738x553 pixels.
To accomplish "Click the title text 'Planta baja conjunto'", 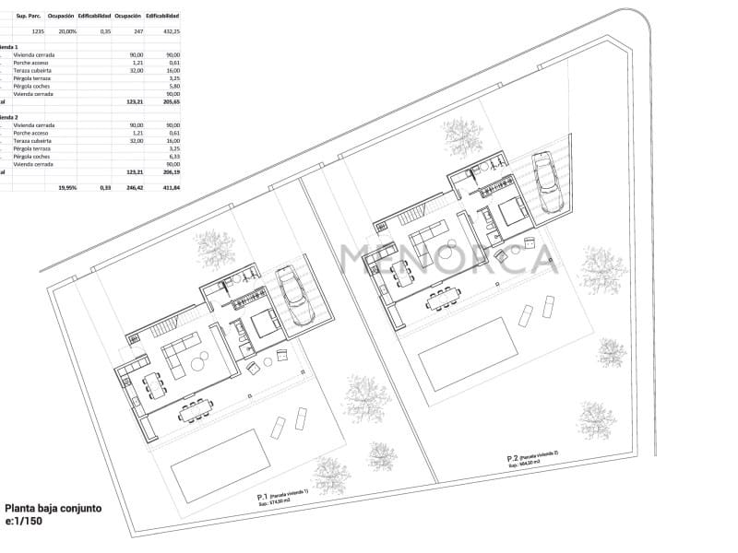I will pos(54,508).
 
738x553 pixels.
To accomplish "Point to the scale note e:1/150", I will pos(23,522).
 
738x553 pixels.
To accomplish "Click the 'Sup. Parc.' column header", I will pos(29,17).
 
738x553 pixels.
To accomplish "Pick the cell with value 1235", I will pos(37,31).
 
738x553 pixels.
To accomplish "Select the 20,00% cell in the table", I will pos(67,31).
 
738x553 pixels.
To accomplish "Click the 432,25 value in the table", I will pos(171,31).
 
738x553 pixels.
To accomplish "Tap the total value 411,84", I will pos(171,187).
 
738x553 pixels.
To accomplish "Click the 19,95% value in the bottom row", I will pos(67,187).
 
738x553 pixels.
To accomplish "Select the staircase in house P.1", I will pos(163,327).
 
